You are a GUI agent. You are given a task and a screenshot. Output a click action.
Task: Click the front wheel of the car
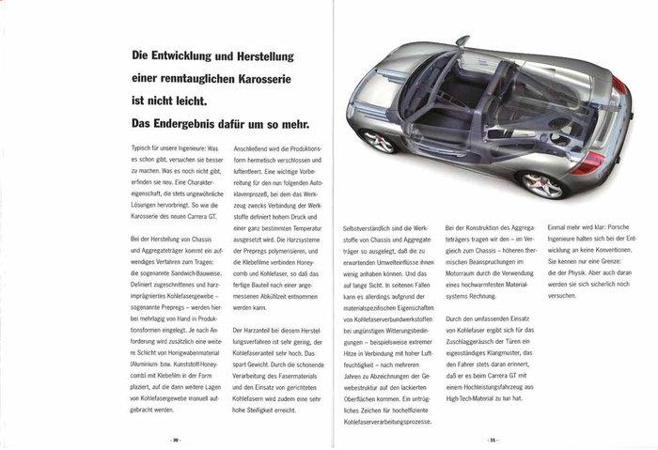pos(378,141)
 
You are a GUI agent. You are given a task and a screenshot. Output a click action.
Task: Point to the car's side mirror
pos(462,41)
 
